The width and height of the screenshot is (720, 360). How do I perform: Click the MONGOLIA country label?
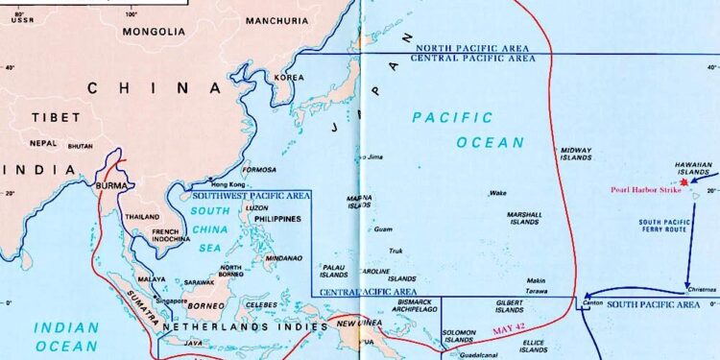[153, 31]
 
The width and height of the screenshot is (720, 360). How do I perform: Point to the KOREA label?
[289, 78]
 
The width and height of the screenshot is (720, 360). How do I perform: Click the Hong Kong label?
[228, 184]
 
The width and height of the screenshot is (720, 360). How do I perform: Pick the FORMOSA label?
[259, 170]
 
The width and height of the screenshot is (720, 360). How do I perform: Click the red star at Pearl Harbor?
[684, 181]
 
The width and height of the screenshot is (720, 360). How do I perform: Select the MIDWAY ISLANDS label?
[576, 156]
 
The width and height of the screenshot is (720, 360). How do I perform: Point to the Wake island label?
[497, 193]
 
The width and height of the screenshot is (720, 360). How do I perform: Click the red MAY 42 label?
[509, 330]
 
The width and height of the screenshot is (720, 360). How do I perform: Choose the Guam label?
[383, 229]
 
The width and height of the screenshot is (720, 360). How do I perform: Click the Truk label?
[395, 252]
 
